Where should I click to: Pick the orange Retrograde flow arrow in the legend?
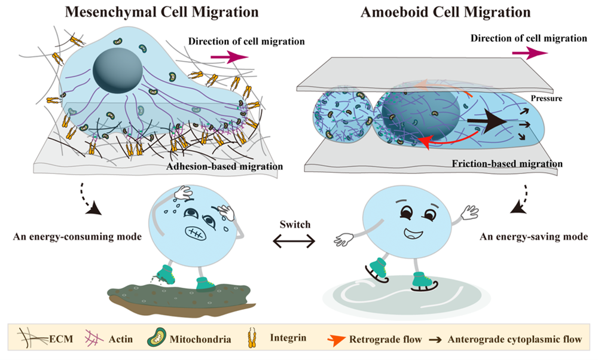(337, 340)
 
